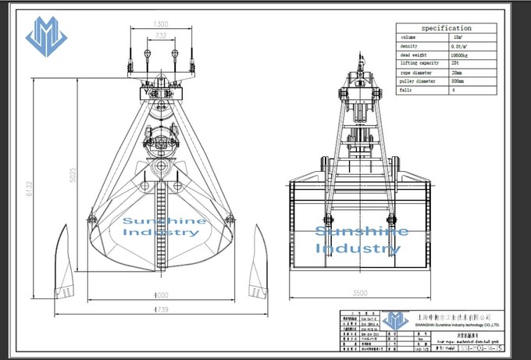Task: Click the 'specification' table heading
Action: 447,28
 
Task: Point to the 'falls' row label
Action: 407,91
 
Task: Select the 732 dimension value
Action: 160,37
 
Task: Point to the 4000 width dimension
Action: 160,296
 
